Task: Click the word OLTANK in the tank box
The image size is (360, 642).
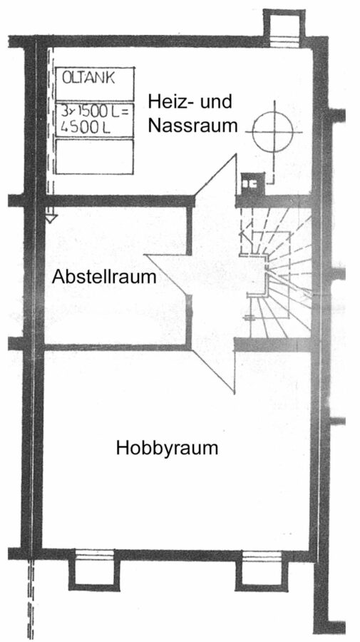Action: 88,78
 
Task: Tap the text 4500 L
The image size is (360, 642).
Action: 86,128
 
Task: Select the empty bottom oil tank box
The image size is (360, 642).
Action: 95,157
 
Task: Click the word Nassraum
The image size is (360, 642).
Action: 192,126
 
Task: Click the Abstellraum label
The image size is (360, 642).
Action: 104,277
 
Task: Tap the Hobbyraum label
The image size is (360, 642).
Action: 167,448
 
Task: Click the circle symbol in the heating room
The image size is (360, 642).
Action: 272,132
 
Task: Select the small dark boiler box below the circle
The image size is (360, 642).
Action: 252,183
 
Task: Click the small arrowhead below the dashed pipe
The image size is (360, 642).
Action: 51,219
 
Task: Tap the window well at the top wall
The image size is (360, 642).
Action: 284,26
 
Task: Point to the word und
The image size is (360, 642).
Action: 216,101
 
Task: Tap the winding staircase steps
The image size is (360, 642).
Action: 282,275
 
